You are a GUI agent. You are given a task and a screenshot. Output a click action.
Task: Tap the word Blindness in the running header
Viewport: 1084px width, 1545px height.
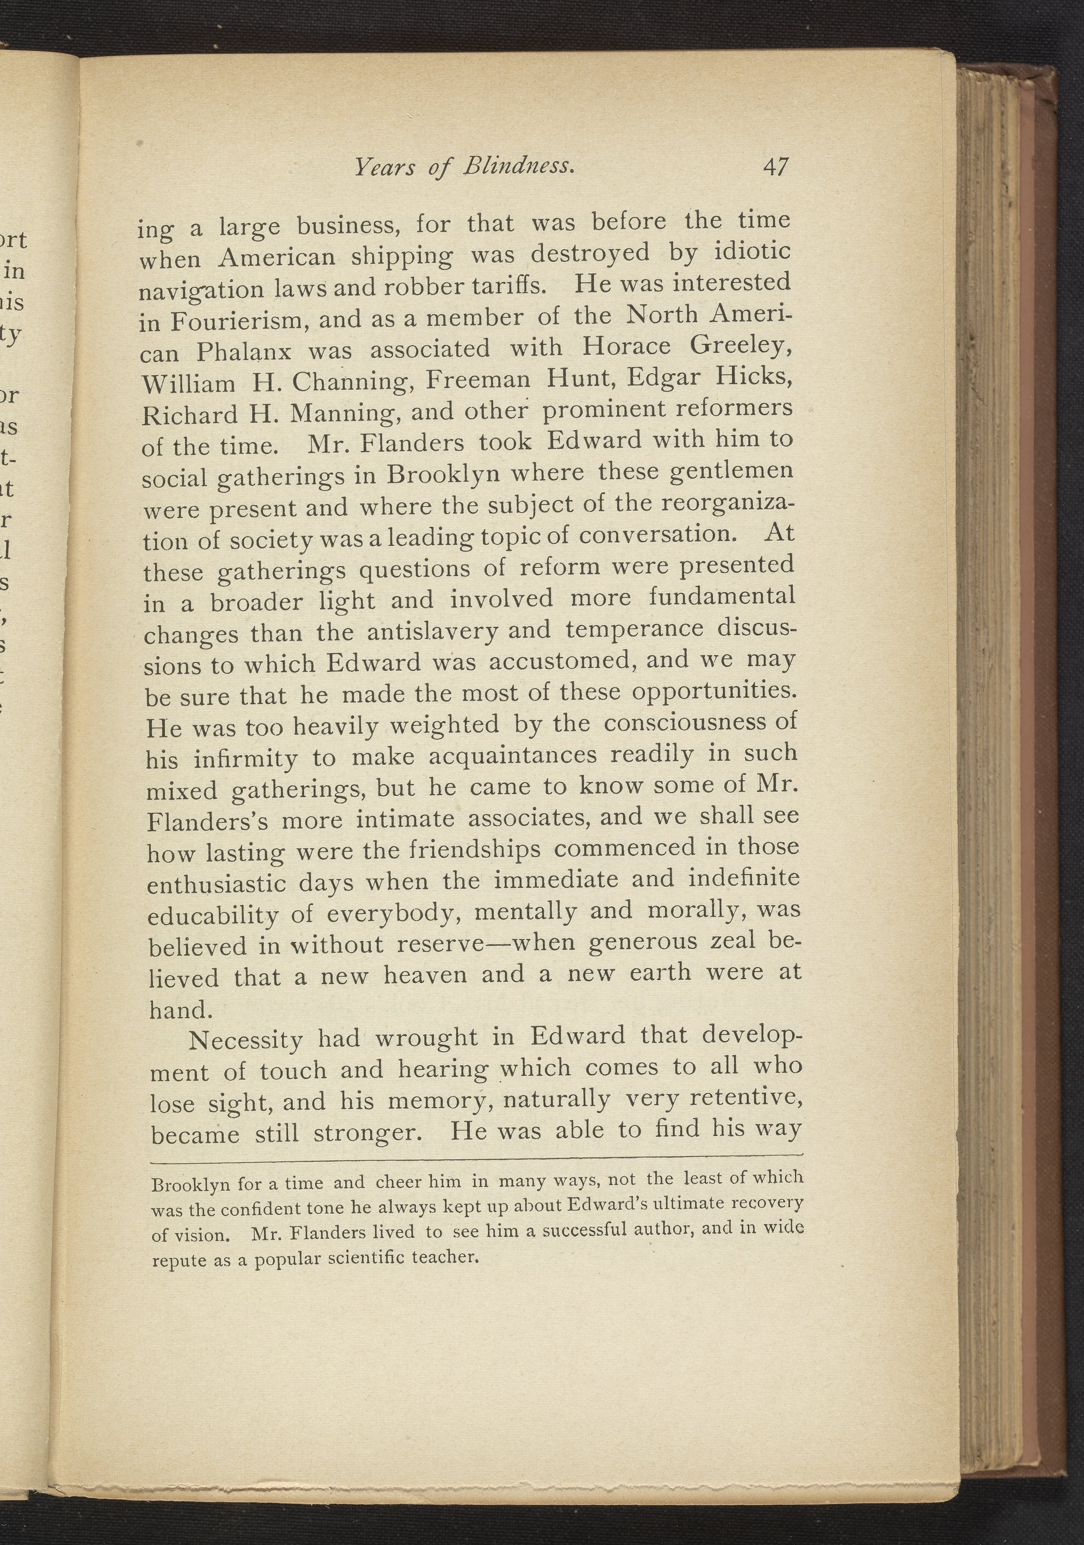pyautogui.click(x=518, y=166)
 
